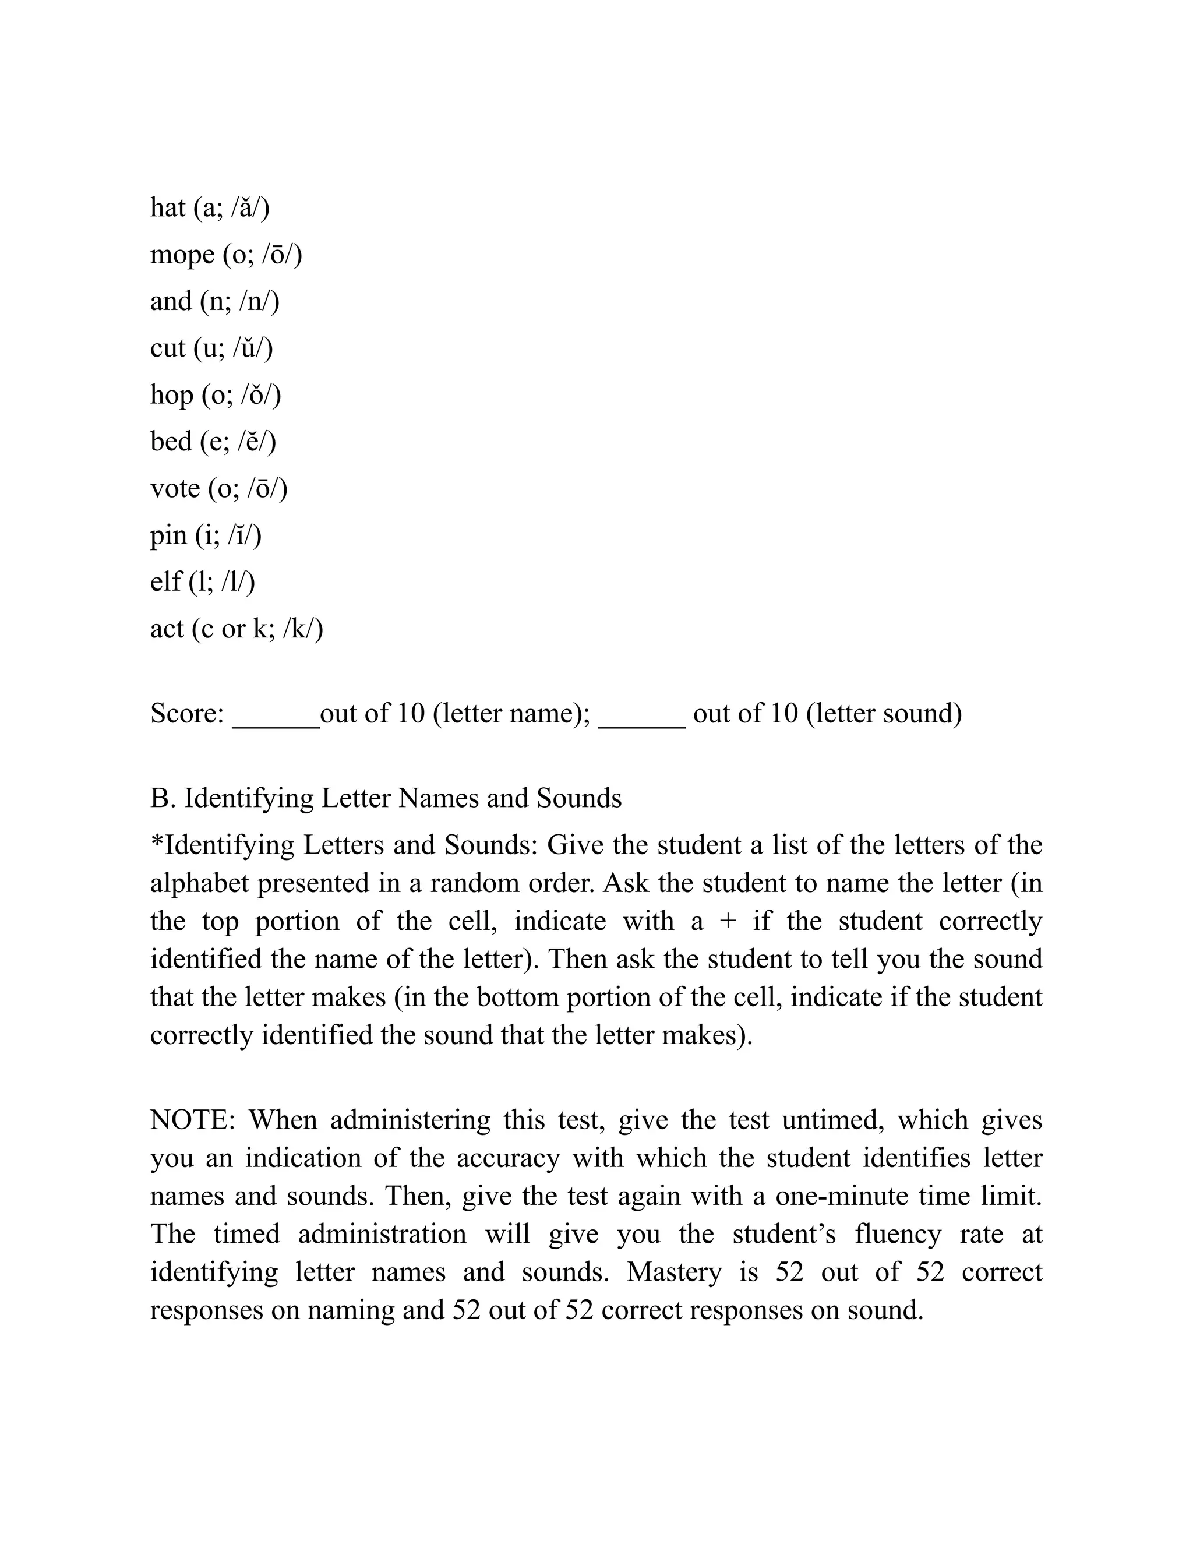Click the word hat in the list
(x=168, y=208)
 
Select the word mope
(x=182, y=255)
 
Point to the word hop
(x=171, y=395)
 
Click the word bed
(x=170, y=442)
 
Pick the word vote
(x=175, y=488)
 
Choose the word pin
(x=168, y=536)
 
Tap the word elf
(x=165, y=582)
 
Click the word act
(x=167, y=629)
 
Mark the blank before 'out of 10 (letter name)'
(x=276, y=721)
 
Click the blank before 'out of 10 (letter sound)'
(x=641, y=721)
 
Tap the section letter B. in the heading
(x=163, y=798)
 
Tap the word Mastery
(x=673, y=1272)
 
